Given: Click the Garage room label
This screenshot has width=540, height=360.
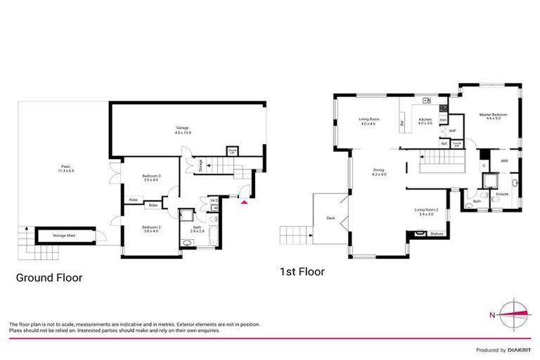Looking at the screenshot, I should [x=183, y=129].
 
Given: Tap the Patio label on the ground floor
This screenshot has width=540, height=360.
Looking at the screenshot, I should [x=65, y=168].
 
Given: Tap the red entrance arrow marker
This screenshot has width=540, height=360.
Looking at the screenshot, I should [x=244, y=202].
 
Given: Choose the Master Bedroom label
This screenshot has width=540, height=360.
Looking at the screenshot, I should [x=494, y=116].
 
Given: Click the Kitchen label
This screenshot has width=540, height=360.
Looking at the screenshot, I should [x=425, y=121].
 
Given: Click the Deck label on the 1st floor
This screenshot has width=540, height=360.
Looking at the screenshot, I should [x=330, y=218].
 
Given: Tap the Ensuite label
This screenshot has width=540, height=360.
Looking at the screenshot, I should [x=502, y=193].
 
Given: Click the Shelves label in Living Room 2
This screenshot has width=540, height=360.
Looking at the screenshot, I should [x=436, y=234].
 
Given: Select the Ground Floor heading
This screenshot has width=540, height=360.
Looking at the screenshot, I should [x=49, y=278].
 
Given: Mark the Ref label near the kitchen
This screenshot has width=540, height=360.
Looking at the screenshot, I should [x=444, y=143].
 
